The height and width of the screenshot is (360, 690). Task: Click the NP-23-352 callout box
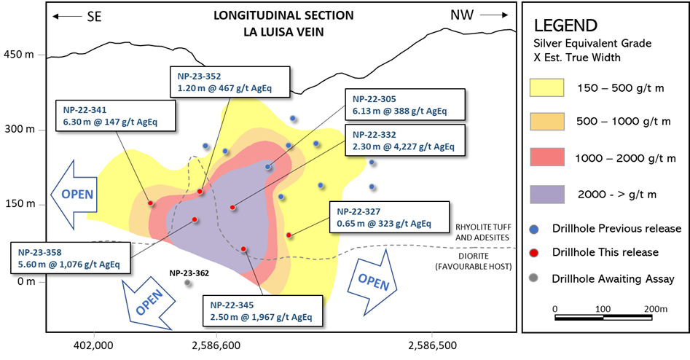pos(230,82)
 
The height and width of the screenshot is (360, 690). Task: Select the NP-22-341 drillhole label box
pos(116,116)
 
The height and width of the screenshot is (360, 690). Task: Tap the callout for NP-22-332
pos(405,140)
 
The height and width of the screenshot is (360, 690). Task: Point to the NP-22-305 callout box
pos(405,105)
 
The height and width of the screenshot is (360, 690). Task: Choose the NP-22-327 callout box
pos(389,217)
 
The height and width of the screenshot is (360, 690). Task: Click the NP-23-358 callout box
pos(71,258)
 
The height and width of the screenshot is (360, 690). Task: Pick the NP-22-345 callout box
pos(263,310)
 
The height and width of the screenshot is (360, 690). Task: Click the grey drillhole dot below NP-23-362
pos(187,283)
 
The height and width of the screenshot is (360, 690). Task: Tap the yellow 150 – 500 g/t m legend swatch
pos(547,87)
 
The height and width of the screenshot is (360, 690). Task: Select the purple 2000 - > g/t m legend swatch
pos(547,194)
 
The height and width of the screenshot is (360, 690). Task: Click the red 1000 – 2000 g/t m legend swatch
pos(547,157)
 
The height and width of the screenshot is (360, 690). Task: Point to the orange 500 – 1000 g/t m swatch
pos(547,122)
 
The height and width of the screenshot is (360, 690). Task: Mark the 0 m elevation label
pos(26,281)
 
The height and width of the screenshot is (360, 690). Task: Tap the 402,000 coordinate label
pos(94,345)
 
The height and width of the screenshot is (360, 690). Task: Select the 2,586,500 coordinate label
pos(433,345)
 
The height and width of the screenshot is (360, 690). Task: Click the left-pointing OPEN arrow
pos(74,195)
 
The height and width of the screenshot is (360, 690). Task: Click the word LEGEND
pos(565,26)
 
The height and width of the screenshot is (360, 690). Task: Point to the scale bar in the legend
pos(603,318)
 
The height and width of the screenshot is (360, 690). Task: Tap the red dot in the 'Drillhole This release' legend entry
pos(534,253)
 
